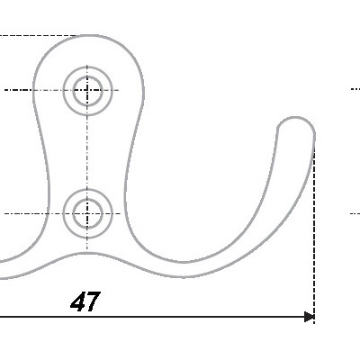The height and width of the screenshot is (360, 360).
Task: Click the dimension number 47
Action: point(85,301)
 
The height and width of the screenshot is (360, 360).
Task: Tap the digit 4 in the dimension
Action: point(77,301)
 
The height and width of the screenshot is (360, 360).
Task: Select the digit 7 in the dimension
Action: point(93,301)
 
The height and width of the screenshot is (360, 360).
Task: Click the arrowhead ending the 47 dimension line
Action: point(310,317)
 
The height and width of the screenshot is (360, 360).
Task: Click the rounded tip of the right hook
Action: point(295,118)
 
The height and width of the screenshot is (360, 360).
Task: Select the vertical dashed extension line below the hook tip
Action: point(314,232)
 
